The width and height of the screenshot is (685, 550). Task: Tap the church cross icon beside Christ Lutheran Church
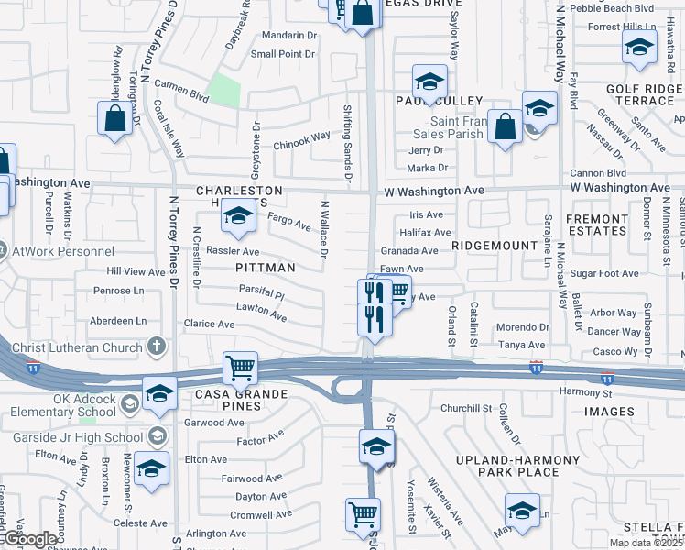(157, 347)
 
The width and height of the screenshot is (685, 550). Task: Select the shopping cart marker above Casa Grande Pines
(240, 368)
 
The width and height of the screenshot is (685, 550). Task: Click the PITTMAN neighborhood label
(266, 268)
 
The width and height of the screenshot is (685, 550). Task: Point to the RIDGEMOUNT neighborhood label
(494, 247)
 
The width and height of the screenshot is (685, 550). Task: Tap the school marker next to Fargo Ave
(237, 216)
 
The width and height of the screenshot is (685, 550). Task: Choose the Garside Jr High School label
(92, 435)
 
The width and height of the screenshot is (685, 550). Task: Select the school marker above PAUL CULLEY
(429, 82)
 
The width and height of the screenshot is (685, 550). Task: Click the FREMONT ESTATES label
(596, 225)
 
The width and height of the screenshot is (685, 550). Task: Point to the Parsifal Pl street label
(262, 295)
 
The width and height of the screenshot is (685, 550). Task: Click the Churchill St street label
(467, 408)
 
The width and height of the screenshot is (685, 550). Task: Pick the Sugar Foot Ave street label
(604, 273)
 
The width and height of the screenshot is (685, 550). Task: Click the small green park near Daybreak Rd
(223, 91)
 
